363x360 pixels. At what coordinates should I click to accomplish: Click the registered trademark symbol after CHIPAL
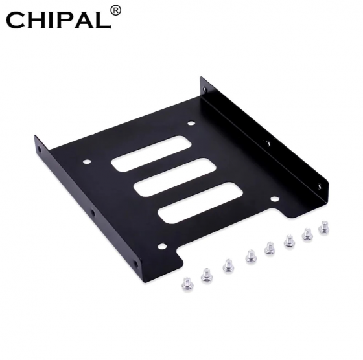[x=115, y=10]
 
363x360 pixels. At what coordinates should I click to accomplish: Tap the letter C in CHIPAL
[x=18, y=20]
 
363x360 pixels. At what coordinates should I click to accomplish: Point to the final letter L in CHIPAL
[x=100, y=20]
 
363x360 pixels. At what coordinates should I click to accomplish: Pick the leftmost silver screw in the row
[x=185, y=285]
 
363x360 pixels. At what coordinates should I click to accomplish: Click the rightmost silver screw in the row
[x=323, y=227]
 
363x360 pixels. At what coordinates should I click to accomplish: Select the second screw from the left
[x=205, y=276]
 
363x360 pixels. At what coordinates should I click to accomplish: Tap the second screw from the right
[x=307, y=234]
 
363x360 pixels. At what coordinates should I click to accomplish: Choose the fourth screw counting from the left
[x=249, y=259]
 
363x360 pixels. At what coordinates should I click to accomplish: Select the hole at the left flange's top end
[x=38, y=148]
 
